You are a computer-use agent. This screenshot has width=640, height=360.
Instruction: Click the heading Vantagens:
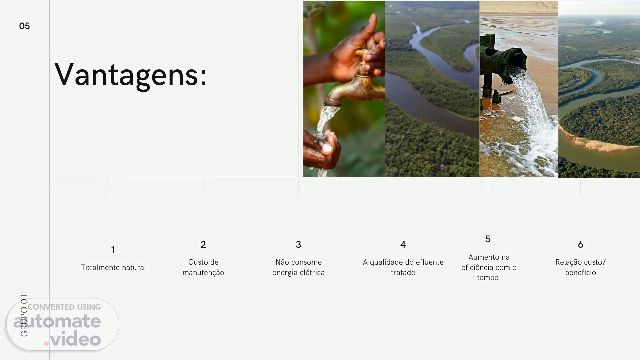click(131, 75)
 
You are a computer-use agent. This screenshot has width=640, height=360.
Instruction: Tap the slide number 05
click(24, 26)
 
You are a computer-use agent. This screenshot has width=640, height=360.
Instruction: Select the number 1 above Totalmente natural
click(113, 249)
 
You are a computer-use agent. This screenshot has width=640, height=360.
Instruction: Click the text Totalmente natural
click(113, 267)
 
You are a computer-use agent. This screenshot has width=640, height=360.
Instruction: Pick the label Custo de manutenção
click(203, 267)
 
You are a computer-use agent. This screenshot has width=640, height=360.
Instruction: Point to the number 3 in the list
click(298, 244)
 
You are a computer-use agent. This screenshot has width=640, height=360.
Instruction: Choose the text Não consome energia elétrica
click(298, 267)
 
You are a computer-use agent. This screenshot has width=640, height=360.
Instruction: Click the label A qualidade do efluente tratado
click(403, 267)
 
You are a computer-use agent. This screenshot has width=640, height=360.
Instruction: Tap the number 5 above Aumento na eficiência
click(488, 239)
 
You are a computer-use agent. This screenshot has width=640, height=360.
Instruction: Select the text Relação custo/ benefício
click(580, 267)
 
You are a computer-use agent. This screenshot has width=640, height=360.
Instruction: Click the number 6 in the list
click(580, 244)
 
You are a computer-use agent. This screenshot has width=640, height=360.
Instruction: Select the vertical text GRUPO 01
click(24, 315)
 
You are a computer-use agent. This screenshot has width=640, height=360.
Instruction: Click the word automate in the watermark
click(57, 321)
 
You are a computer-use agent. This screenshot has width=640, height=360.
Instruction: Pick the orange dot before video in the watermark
click(47, 343)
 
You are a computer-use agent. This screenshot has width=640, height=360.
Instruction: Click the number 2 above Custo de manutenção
click(203, 244)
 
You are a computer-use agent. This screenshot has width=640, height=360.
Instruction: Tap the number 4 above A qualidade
click(403, 244)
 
